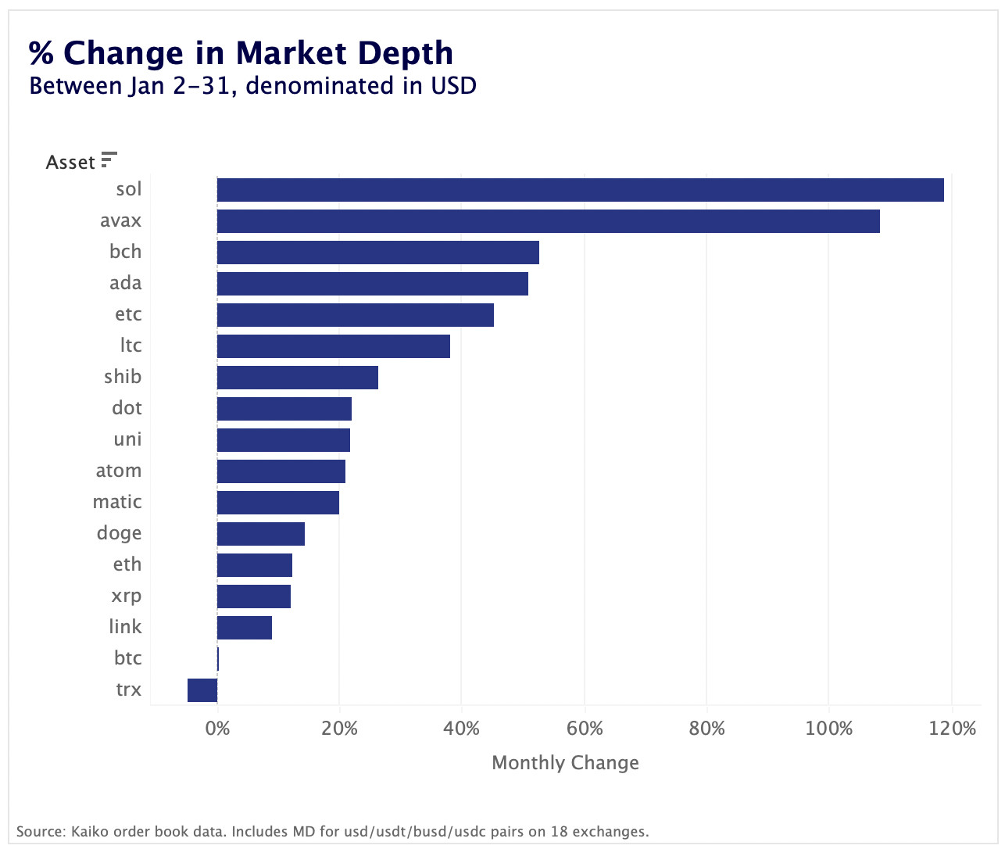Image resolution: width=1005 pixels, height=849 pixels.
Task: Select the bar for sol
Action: [x=580, y=190]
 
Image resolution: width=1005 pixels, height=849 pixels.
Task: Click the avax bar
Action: [x=548, y=221]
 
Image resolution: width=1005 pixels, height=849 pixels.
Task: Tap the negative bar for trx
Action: [x=202, y=690]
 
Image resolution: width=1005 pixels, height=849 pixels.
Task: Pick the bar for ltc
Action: [x=334, y=346]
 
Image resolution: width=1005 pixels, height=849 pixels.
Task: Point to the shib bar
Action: [x=298, y=378]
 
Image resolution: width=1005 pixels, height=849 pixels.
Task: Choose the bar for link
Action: [x=245, y=628]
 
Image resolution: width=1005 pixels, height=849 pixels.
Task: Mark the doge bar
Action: [x=261, y=534]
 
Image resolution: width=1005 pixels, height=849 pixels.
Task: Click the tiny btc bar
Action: [x=218, y=659]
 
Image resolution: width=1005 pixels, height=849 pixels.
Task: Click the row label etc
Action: [x=128, y=314]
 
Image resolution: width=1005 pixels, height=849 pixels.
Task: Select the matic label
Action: [x=117, y=502]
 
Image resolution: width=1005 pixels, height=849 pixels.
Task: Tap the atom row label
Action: [x=119, y=471]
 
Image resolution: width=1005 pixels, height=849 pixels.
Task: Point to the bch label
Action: [x=126, y=252]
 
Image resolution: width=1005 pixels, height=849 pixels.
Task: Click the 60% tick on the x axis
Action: [x=585, y=729]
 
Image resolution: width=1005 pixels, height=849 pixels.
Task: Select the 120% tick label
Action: [x=953, y=729]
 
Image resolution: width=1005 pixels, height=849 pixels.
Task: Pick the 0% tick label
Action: [x=217, y=729]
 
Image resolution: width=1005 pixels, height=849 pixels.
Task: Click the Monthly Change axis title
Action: [x=565, y=763]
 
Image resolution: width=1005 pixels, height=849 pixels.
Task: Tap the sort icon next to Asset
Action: [x=109, y=160]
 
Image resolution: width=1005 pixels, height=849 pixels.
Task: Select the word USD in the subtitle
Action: [x=453, y=85]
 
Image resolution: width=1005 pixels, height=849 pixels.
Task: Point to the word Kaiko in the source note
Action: [x=89, y=831]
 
